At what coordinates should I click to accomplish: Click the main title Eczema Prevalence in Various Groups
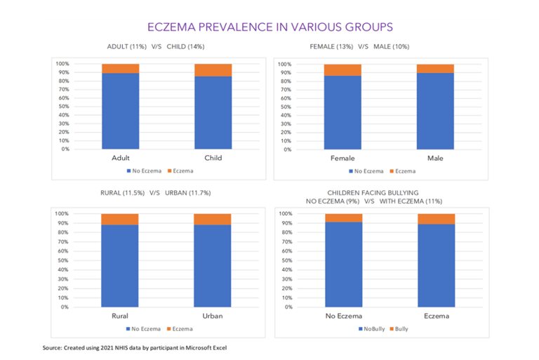(269, 27)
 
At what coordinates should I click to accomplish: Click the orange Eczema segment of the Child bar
(213, 69)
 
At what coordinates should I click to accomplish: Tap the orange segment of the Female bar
(342, 70)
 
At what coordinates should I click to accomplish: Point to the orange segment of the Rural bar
(120, 219)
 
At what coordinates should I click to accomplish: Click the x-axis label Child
(213, 158)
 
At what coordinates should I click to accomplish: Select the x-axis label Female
(342, 158)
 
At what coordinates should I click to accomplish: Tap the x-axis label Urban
(212, 316)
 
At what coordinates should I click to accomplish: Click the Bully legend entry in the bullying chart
(401, 328)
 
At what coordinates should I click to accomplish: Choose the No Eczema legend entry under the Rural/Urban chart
(146, 328)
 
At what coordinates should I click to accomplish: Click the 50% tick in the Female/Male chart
(285, 107)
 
